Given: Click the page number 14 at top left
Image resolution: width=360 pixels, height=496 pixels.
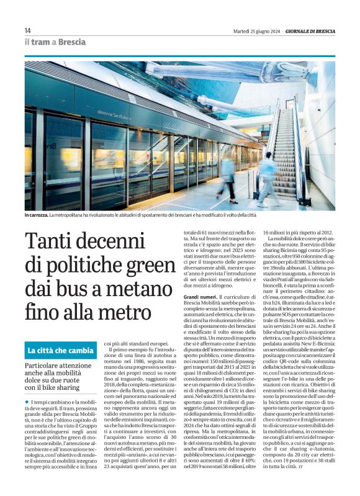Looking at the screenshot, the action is point(27,31).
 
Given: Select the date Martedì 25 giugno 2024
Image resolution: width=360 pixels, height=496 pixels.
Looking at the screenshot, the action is point(254,31).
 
